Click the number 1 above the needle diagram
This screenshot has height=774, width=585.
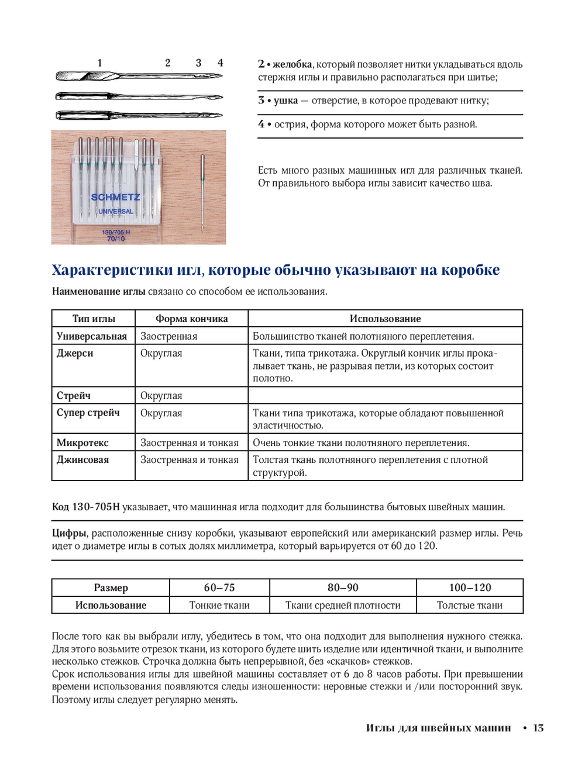[99, 63]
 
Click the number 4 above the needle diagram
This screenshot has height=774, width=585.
[220, 63]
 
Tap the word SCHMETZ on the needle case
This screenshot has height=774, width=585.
[115, 198]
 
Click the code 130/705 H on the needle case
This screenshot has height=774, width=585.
[116, 232]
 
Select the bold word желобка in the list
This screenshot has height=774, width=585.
[292, 64]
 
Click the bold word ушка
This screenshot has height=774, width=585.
[285, 101]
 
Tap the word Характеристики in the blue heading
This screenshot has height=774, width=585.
[112, 270]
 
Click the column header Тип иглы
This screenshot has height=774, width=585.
[94, 319]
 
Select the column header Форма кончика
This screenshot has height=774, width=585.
[191, 319]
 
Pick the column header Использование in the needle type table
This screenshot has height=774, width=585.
[385, 319]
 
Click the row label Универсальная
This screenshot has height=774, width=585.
[92, 336]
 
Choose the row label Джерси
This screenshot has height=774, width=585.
[75, 353]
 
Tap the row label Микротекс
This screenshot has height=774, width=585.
[82, 443]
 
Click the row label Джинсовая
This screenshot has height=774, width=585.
[82, 459]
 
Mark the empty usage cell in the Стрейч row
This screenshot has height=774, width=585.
[385, 395]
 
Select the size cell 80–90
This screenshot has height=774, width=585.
[343, 588]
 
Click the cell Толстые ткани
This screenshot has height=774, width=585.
[470, 605]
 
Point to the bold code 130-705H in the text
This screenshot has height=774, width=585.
[95, 507]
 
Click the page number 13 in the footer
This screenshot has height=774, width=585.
[538, 728]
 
